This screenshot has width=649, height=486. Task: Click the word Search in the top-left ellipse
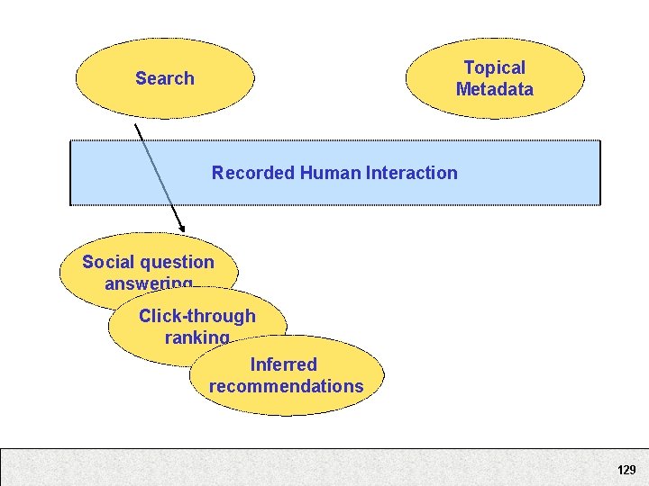point(164,78)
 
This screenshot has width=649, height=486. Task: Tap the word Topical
point(494,67)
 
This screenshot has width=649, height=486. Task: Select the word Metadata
point(494,89)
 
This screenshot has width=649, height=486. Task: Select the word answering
point(148,283)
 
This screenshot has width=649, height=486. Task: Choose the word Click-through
point(197,316)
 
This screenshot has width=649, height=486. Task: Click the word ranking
point(197,337)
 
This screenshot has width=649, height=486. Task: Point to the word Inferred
point(283,364)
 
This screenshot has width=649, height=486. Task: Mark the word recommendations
point(286,386)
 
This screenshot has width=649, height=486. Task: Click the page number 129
point(626,470)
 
